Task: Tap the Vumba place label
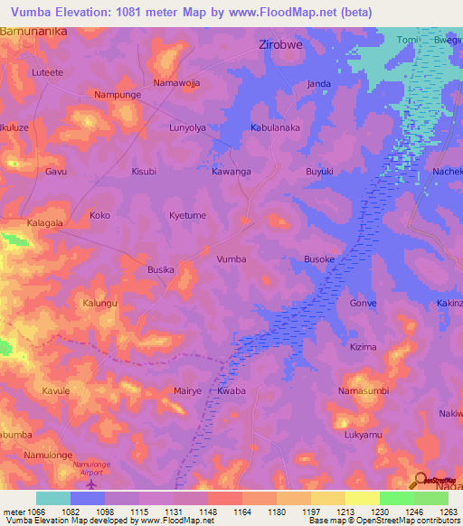(231, 259)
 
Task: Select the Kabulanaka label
(275, 128)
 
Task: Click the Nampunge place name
(116, 94)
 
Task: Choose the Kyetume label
(189, 216)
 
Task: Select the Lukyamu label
(363, 435)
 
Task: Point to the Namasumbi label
(363, 390)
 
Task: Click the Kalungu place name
(100, 303)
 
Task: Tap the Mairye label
(187, 391)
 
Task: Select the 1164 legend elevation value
(241, 512)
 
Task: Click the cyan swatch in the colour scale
(52, 498)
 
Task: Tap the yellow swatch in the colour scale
(362, 498)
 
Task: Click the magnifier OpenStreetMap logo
(420, 479)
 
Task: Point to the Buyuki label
(319, 171)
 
